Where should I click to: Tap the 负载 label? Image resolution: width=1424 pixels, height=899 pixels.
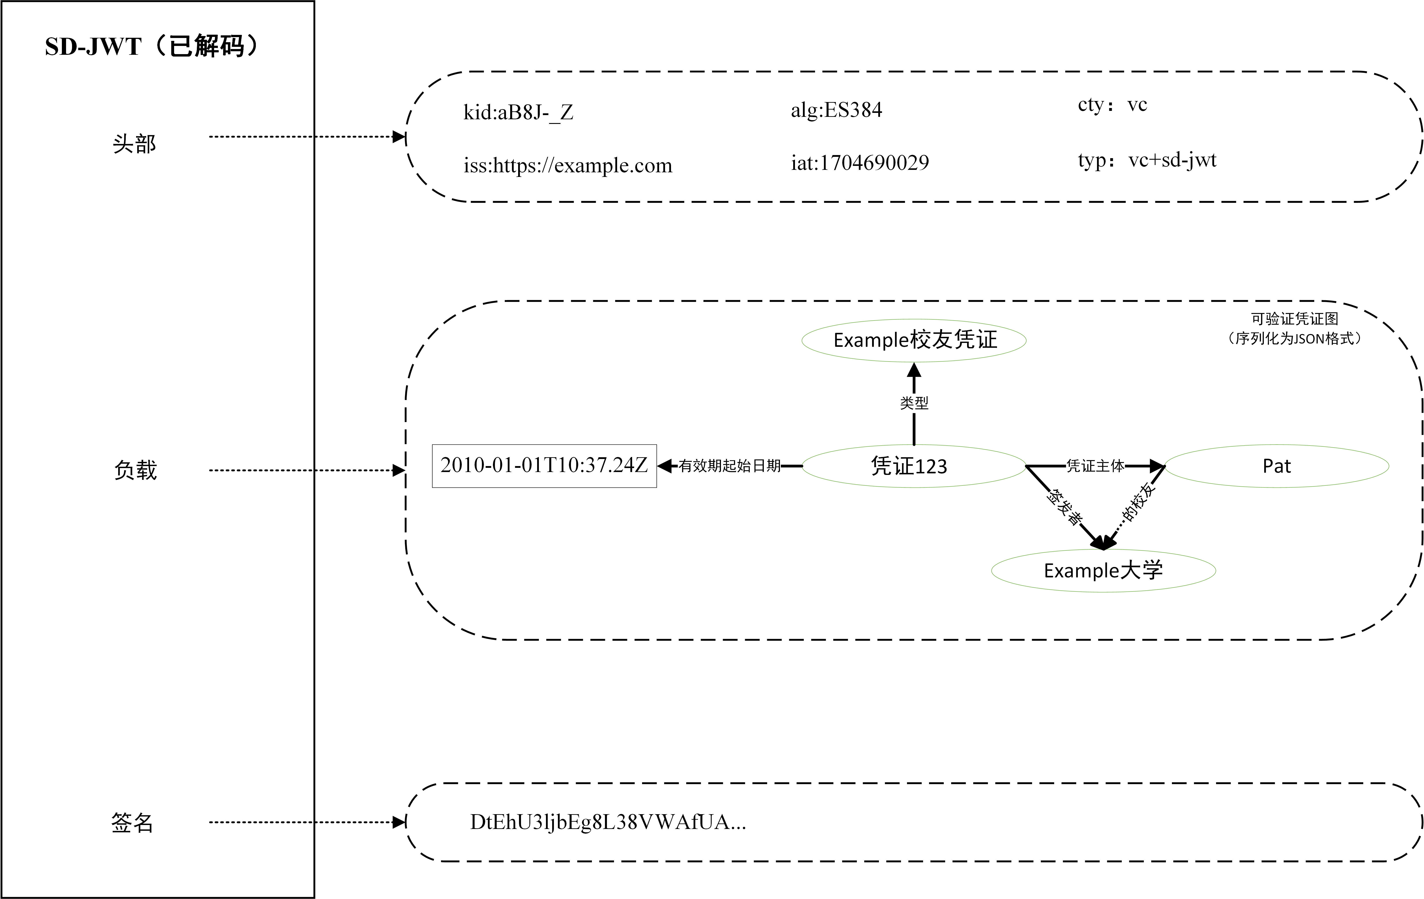[x=135, y=470]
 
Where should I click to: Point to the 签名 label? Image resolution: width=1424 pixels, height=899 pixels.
[x=133, y=822]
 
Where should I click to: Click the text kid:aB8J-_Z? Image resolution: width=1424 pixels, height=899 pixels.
[x=518, y=112]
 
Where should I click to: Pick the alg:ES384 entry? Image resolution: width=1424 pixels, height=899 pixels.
[x=836, y=110]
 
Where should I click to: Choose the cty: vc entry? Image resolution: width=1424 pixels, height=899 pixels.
[x=1112, y=105]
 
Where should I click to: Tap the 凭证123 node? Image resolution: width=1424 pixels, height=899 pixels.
[x=909, y=466]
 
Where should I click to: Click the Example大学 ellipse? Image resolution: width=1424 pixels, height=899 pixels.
[x=1103, y=570]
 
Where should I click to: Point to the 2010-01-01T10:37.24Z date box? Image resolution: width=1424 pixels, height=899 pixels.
[x=544, y=466]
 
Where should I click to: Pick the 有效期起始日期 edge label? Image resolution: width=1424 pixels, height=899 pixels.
[x=730, y=466]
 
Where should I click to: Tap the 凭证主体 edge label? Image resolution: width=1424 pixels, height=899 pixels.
[x=1095, y=466]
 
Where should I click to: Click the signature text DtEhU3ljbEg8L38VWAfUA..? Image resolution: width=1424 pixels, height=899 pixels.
[x=608, y=822]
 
